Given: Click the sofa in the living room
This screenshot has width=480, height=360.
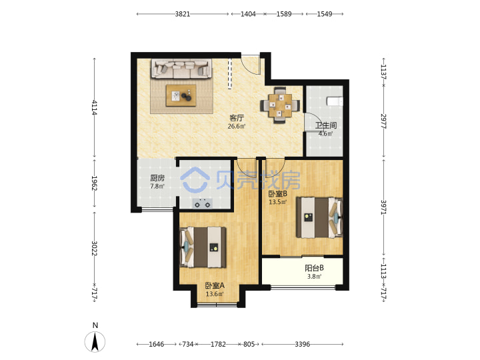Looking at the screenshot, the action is pyautogui.click(x=181, y=69).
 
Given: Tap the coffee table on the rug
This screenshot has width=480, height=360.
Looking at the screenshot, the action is pyautogui.click(x=181, y=96).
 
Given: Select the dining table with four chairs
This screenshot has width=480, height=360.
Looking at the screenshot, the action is pyautogui.click(x=280, y=105).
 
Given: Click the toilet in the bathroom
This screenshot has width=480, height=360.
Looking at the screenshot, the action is pyautogui.click(x=335, y=101).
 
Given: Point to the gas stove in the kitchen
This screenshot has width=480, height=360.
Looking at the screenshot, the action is pyautogui.click(x=203, y=203).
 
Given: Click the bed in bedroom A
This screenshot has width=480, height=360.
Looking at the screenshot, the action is pyautogui.click(x=203, y=247).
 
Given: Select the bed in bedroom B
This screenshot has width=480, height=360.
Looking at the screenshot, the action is pyautogui.click(x=319, y=217).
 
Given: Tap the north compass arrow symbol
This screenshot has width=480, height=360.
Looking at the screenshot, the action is pyautogui.click(x=95, y=341).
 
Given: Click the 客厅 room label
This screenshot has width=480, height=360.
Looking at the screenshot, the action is pyautogui.click(x=237, y=118).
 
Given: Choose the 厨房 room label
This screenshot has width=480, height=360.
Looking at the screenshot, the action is pyautogui.click(x=157, y=178).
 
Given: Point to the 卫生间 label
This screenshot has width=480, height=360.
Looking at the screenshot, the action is pyautogui.click(x=326, y=125).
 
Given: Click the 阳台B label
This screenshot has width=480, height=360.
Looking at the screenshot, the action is pyautogui.click(x=314, y=268).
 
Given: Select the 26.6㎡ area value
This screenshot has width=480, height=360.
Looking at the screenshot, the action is pyautogui.click(x=237, y=126).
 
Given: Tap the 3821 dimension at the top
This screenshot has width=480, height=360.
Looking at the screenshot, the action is pyautogui.click(x=183, y=14).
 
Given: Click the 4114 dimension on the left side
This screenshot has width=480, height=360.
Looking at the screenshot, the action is pyautogui.click(x=94, y=107).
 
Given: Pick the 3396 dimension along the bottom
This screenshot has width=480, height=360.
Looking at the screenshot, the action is pyautogui.click(x=303, y=345).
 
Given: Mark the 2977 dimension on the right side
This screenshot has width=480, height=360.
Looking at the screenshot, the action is pyautogui.click(x=383, y=121).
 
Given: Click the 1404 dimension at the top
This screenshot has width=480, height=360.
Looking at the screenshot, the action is pyautogui.click(x=248, y=14).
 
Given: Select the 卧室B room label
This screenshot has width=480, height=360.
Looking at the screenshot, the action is pyautogui.click(x=277, y=194).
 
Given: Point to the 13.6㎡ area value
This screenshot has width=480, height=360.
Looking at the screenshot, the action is pyautogui.click(x=215, y=294).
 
